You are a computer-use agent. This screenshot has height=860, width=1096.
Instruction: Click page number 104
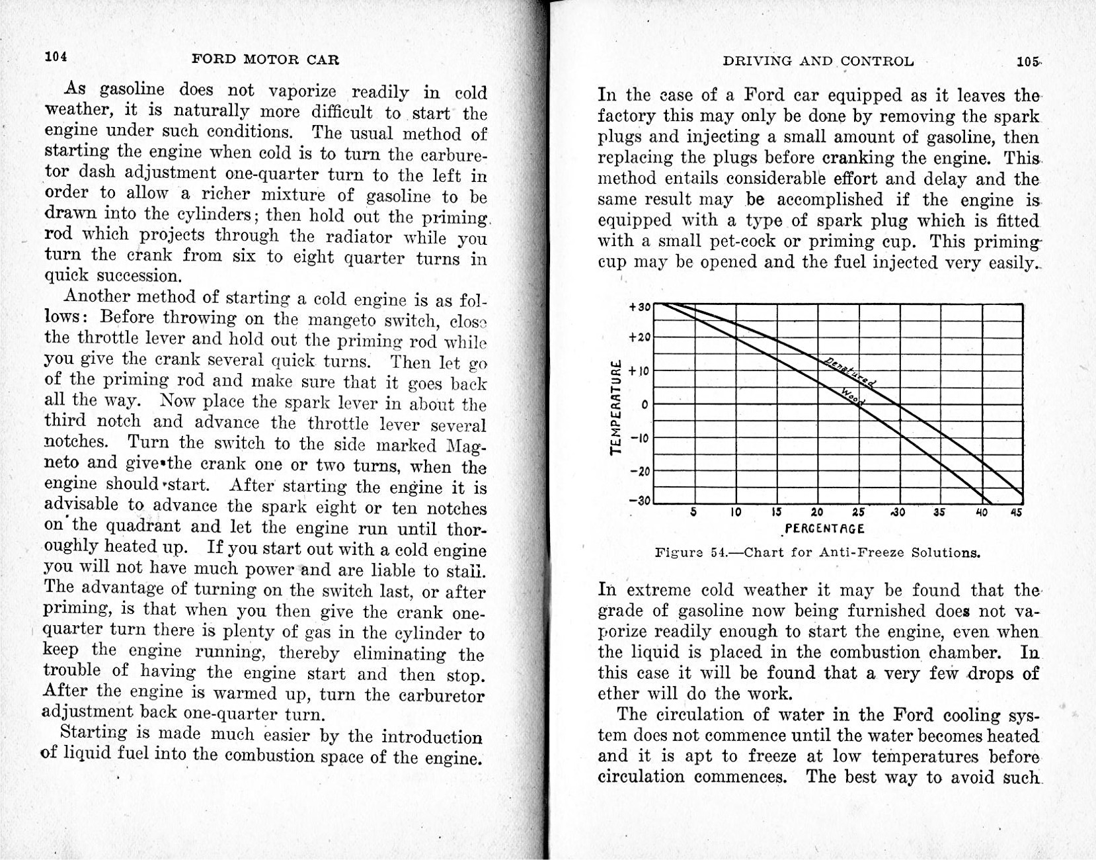(x=56, y=57)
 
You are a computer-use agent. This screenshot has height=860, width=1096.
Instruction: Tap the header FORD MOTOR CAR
(x=265, y=60)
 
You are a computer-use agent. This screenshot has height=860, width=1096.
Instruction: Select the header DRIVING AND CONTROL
(x=818, y=62)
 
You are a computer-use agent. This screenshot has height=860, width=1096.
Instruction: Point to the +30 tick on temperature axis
(x=640, y=307)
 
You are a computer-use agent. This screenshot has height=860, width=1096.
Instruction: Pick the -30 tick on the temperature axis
(x=640, y=500)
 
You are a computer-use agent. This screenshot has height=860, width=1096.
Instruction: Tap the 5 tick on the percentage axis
(x=693, y=512)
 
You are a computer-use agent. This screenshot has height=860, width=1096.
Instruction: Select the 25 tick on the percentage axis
(x=858, y=512)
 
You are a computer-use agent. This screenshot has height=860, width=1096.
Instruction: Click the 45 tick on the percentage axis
(x=1017, y=512)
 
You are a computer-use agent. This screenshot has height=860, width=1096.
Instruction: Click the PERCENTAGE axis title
(x=824, y=529)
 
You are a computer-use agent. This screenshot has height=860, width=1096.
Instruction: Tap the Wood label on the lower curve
(x=853, y=396)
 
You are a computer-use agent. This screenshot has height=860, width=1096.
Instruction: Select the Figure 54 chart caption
(x=817, y=552)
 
